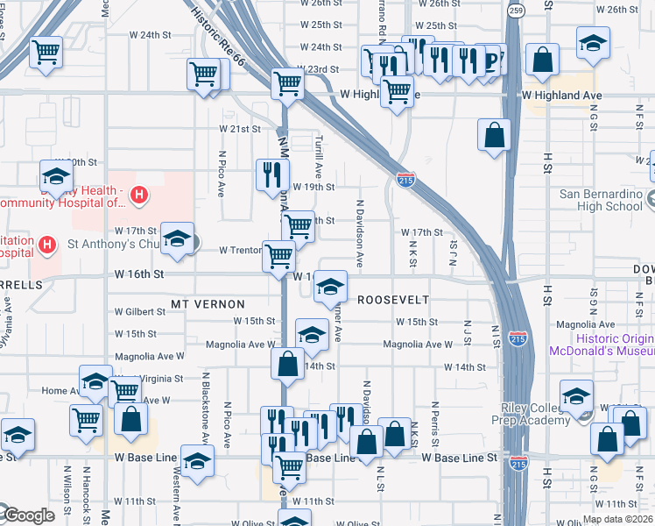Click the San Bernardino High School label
[x=601, y=200]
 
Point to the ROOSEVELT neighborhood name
[x=393, y=299]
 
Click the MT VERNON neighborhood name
[x=208, y=303]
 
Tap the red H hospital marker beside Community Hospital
[x=137, y=195]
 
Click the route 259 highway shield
[x=516, y=11]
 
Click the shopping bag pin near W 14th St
[x=287, y=364]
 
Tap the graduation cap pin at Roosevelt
[x=330, y=286]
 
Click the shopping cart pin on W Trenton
[x=278, y=257]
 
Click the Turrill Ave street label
[x=319, y=156]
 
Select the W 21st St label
[x=240, y=129]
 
